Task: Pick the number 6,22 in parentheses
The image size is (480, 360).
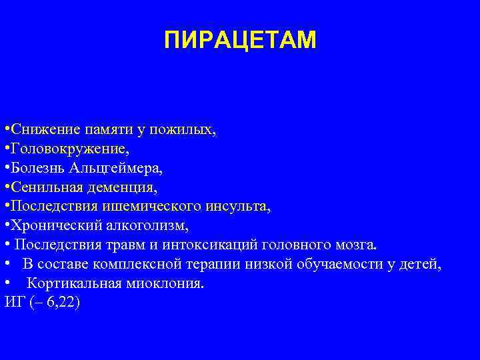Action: point(59,303)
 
